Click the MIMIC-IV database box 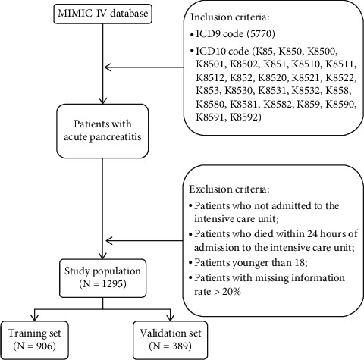pyautogui.click(x=103, y=14)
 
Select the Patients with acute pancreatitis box pyautogui.click(x=102, y=131)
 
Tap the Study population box pyautogui.click(x=102, y=277)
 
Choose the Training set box pyautogui.click(x=34, y=340)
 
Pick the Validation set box pyautogui.click(x=171, y=340)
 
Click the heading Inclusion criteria pyautogui.click(x=230, y=17)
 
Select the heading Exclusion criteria pyautogui.click(x=230, y=189)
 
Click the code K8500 pyautogui.click(x=322, y=52)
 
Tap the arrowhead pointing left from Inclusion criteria pyautogui.click(x=108, y=67)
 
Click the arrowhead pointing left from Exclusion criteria pyautogui.click(x=109, y=241)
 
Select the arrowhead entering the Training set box pyautogui.click(x=34, y=318)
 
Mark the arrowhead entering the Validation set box pyautogui.click(x=171, y=318)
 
